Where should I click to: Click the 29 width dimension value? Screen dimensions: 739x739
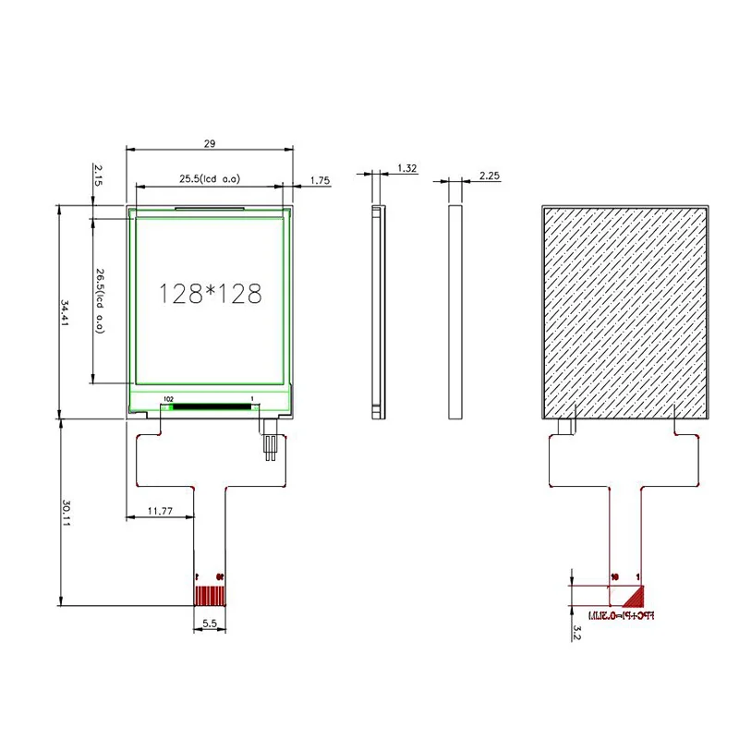click(210, 143)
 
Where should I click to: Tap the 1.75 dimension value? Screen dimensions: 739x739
click(321, 180)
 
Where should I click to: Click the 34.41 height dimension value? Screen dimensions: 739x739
click(65, 312)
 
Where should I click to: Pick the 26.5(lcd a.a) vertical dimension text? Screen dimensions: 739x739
click(99, 300)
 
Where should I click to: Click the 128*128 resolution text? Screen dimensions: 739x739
click(211, 294)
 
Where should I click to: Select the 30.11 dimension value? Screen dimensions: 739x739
click(65, 513)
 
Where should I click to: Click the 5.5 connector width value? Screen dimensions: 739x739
click(209, 624)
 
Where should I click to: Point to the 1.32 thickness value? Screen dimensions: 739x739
click(406, 168)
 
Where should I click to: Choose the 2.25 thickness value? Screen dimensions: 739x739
click(490, 175)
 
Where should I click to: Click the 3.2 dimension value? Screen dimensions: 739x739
click(576, 632)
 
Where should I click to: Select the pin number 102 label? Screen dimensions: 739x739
click(168, 399)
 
